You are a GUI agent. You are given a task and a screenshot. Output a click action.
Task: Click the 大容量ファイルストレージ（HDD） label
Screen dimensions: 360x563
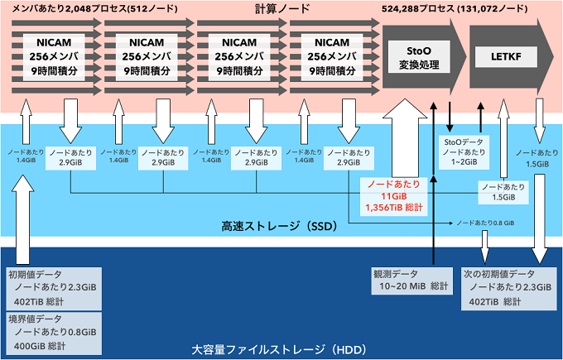tap(257, 348)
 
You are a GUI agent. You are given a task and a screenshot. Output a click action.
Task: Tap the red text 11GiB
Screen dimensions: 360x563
tap(393, 196)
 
